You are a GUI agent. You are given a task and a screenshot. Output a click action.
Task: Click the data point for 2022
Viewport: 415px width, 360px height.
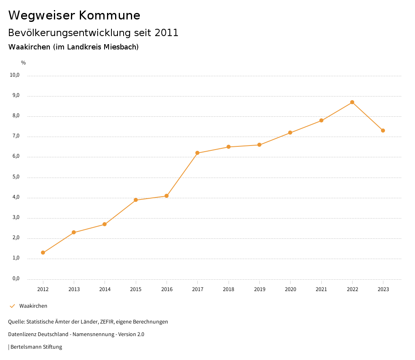(x=352, y=102)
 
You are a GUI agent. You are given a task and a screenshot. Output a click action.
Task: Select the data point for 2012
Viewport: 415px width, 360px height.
(x=43, y=253)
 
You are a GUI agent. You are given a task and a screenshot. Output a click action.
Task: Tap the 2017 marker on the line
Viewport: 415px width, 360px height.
(x=197, y=153)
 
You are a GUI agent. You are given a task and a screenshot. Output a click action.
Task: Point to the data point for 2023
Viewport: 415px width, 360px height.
(x=383, y=131)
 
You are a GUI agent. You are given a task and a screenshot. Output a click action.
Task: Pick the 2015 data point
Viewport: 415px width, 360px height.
(x=136, y=200)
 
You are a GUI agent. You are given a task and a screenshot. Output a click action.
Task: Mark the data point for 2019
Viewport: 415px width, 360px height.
(x=259, y=145)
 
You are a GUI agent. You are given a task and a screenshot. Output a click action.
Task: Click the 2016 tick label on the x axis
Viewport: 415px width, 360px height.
(x=167, y=289)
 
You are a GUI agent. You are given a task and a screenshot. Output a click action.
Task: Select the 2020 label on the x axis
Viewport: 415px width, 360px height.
(x=290, y=289)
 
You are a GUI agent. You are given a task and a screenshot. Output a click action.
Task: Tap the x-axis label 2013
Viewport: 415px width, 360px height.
(x=74, y=289)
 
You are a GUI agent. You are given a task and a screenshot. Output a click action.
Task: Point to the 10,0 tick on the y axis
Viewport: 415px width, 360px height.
(x=15, y=75)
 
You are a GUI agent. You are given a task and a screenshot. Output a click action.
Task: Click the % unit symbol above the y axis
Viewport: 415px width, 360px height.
(x=24, y=63)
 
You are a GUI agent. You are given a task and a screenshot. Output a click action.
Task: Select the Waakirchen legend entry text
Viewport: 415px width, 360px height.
(x=33, y=306)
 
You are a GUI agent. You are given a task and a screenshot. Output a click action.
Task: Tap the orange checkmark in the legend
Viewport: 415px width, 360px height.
(x=12, y=306)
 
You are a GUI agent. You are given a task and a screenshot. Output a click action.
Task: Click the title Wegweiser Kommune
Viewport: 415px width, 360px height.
(x=74, y=15)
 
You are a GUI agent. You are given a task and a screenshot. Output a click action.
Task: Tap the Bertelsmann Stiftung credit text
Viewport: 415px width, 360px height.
(x=36, y=347)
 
